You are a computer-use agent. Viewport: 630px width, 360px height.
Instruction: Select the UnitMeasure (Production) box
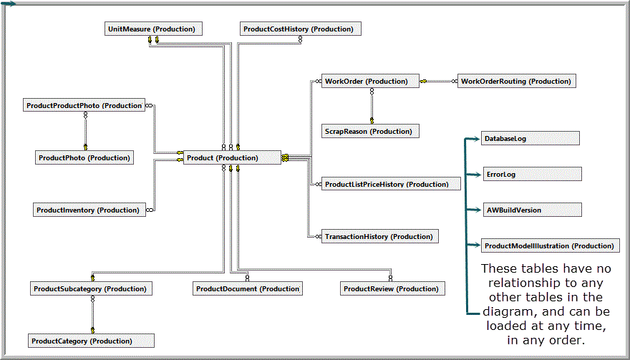point(152,29)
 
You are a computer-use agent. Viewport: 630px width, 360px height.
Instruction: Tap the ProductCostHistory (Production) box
point(300,29)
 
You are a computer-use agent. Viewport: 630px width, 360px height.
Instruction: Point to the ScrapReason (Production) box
point(369,132)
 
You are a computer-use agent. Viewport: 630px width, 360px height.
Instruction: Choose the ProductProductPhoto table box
point(84,106)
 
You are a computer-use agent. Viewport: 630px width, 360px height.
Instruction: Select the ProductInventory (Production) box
point(89,210)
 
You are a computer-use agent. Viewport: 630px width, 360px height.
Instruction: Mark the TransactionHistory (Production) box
point(379,237)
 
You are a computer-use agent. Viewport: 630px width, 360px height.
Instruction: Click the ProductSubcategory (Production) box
point(90,289)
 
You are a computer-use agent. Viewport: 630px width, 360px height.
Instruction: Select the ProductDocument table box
point(247,289)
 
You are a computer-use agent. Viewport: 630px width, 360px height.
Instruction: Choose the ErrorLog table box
point(532,175)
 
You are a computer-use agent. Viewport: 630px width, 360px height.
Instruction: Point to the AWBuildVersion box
point(531,210)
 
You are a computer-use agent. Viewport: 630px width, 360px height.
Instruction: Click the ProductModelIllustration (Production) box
point(549,246)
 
